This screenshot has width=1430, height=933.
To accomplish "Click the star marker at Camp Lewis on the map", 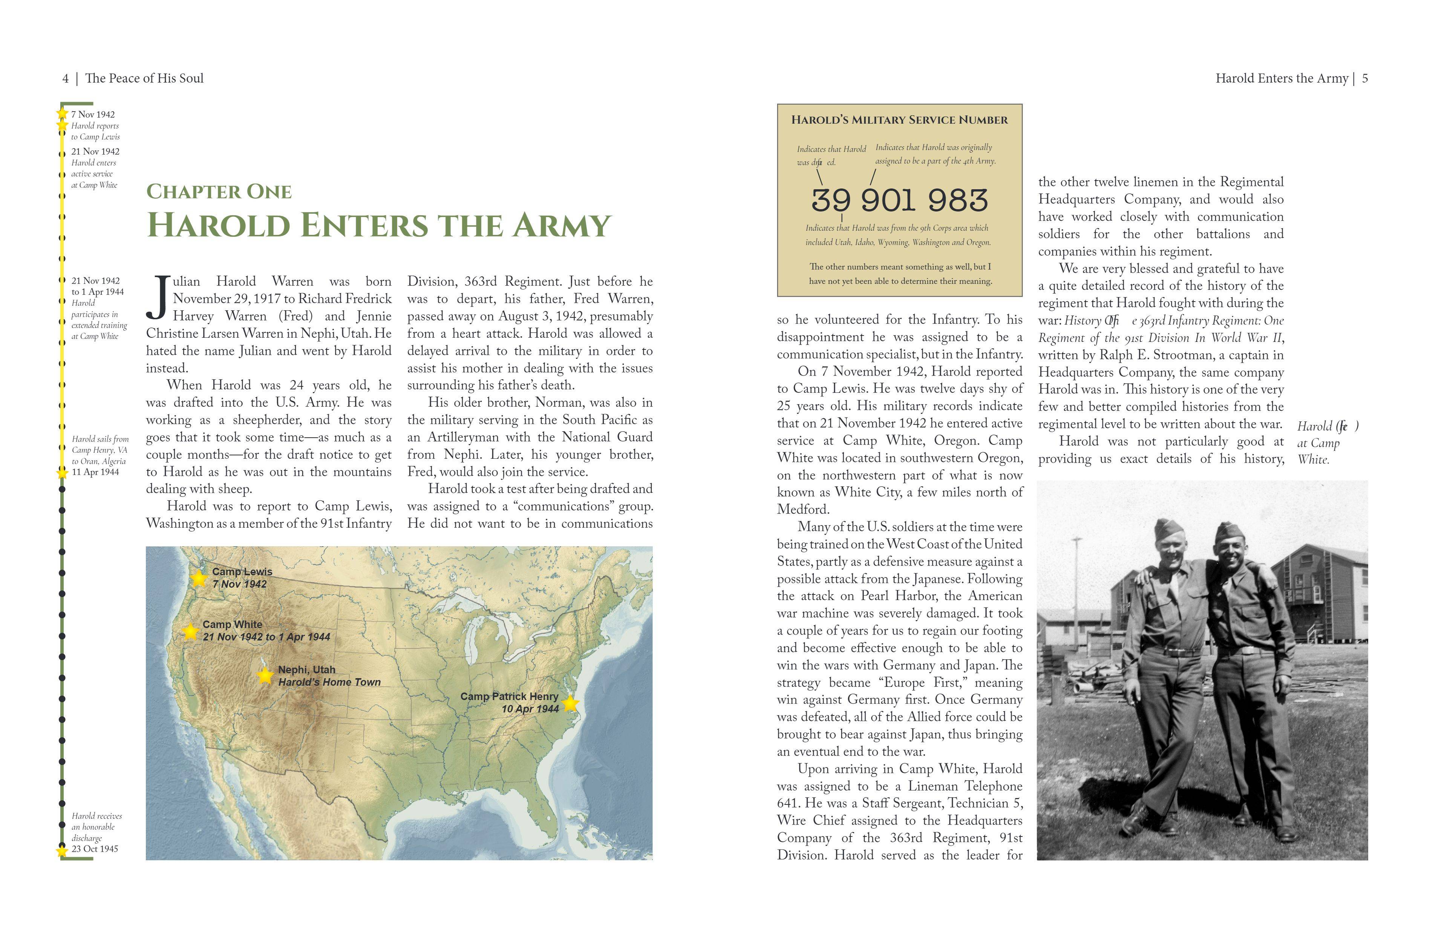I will pos(198,579).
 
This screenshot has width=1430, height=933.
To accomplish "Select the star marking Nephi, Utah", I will pos(265,675).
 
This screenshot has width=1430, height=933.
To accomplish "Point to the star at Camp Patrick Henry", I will pos(570,703).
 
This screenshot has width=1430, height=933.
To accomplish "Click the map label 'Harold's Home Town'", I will pos(329,682).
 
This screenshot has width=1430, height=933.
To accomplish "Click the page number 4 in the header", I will pos(66,79).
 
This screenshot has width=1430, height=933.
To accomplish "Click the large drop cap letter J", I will pos(158,298).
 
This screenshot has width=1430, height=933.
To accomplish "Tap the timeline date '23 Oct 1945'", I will pos(95,849).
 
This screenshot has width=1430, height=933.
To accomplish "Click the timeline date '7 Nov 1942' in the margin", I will pos(93,115).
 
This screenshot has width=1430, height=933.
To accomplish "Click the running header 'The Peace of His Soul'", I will pos(144,79).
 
